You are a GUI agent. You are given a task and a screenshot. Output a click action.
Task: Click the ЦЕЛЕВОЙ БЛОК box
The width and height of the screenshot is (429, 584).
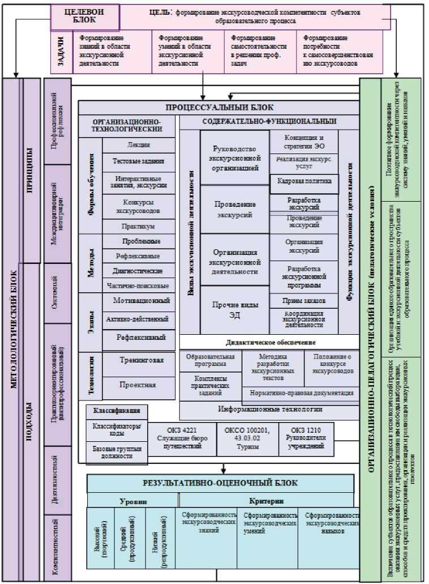click(85, 17)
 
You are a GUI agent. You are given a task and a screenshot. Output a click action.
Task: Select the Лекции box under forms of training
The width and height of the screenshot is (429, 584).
click(139, 145)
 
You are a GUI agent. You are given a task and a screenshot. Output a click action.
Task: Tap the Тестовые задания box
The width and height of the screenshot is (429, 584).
click(139, 161)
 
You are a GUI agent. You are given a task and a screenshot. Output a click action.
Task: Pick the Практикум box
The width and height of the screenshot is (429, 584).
click(139, 225)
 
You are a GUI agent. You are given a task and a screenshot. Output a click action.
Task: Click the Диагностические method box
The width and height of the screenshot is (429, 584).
click(139, 271)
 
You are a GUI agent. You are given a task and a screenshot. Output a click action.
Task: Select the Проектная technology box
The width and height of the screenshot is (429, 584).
click(139, 385)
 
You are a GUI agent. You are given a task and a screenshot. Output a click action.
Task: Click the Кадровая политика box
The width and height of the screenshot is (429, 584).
click(304, 182)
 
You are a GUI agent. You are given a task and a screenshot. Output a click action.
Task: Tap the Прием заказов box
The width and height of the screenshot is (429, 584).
click(304, 300)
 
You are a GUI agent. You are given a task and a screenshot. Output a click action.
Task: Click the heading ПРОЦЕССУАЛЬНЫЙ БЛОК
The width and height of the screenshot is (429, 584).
click(219, 107)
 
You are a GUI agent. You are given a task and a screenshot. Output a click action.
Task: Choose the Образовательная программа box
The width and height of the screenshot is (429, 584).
click(211, 361)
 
